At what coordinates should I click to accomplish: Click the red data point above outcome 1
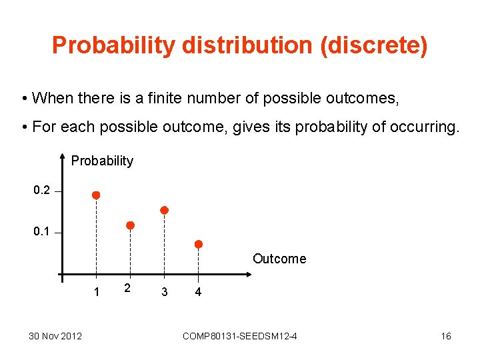(96, 195)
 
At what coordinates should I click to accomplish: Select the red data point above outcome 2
(131, 225)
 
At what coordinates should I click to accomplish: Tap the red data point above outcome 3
(165, 210)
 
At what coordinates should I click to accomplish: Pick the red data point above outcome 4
(199, 245)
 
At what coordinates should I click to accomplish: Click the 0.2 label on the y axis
(41, 191)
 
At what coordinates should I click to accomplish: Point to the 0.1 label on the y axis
(41, 232)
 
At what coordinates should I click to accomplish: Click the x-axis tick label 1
(97, 292)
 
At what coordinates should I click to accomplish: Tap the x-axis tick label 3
(164, 292)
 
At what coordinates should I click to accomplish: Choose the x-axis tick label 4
(197, 292)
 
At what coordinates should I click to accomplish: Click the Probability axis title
(102, 161)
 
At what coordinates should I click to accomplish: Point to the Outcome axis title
(279, 259)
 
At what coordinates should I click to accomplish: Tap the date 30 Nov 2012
(55, 335)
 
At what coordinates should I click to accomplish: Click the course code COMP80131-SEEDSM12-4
(239, 335)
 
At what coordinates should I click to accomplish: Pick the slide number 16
(445, 335)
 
